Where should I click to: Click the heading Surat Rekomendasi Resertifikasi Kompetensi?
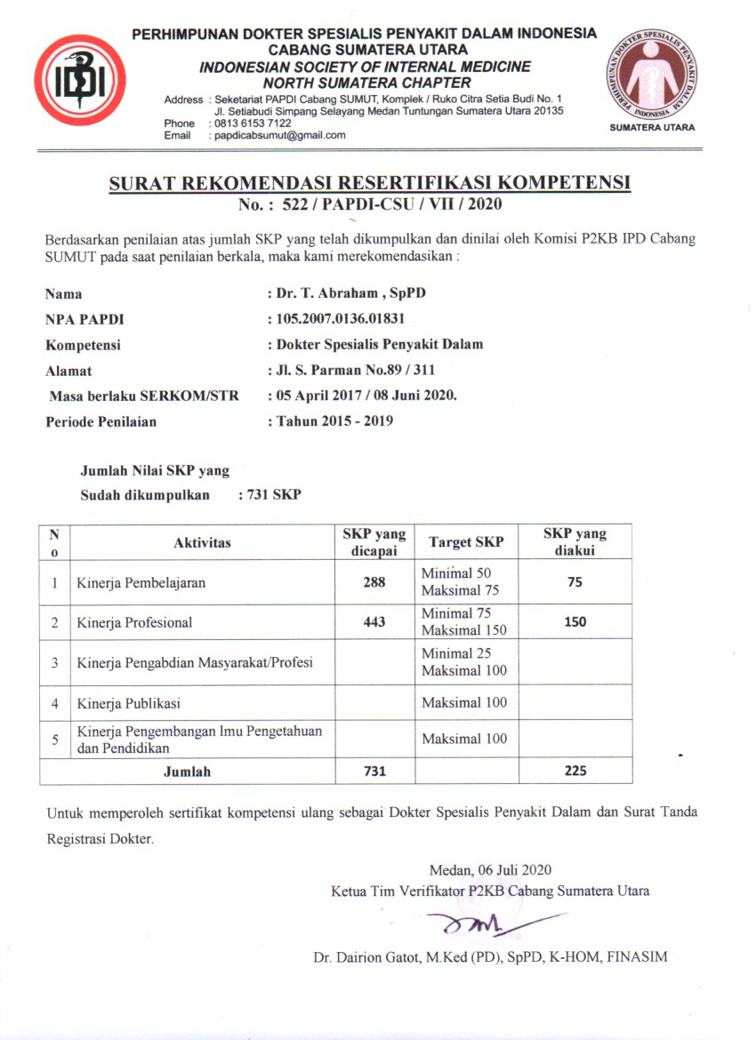(369, 184)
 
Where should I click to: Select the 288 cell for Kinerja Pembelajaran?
(374, 582)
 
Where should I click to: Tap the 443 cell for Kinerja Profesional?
(374, 622)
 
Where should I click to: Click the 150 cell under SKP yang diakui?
(575, 622)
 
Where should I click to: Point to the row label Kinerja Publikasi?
(129, 703)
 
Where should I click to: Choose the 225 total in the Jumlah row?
(575, 771)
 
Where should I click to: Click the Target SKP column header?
(466, 542)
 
